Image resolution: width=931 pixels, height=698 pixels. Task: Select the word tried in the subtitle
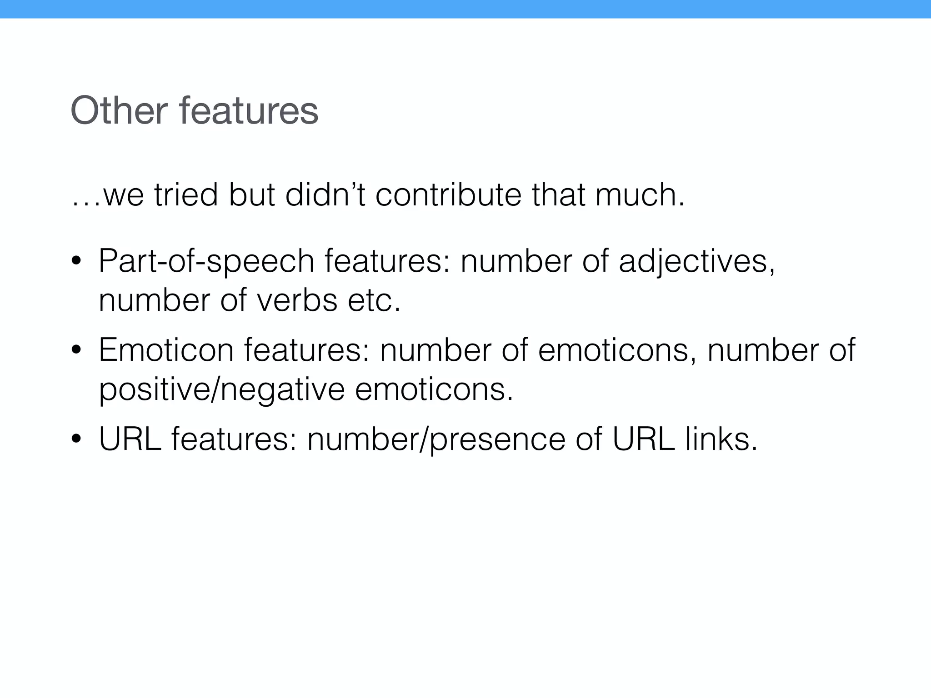coord(186,194)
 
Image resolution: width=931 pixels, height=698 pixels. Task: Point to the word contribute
coord(448,194)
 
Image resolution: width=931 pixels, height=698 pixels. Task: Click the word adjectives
coord(696,262)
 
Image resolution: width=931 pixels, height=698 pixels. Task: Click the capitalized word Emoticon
coord(166,350)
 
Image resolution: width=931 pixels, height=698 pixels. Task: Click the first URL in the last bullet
coord(130,439)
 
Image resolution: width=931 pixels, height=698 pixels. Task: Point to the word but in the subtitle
coord(251,194)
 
